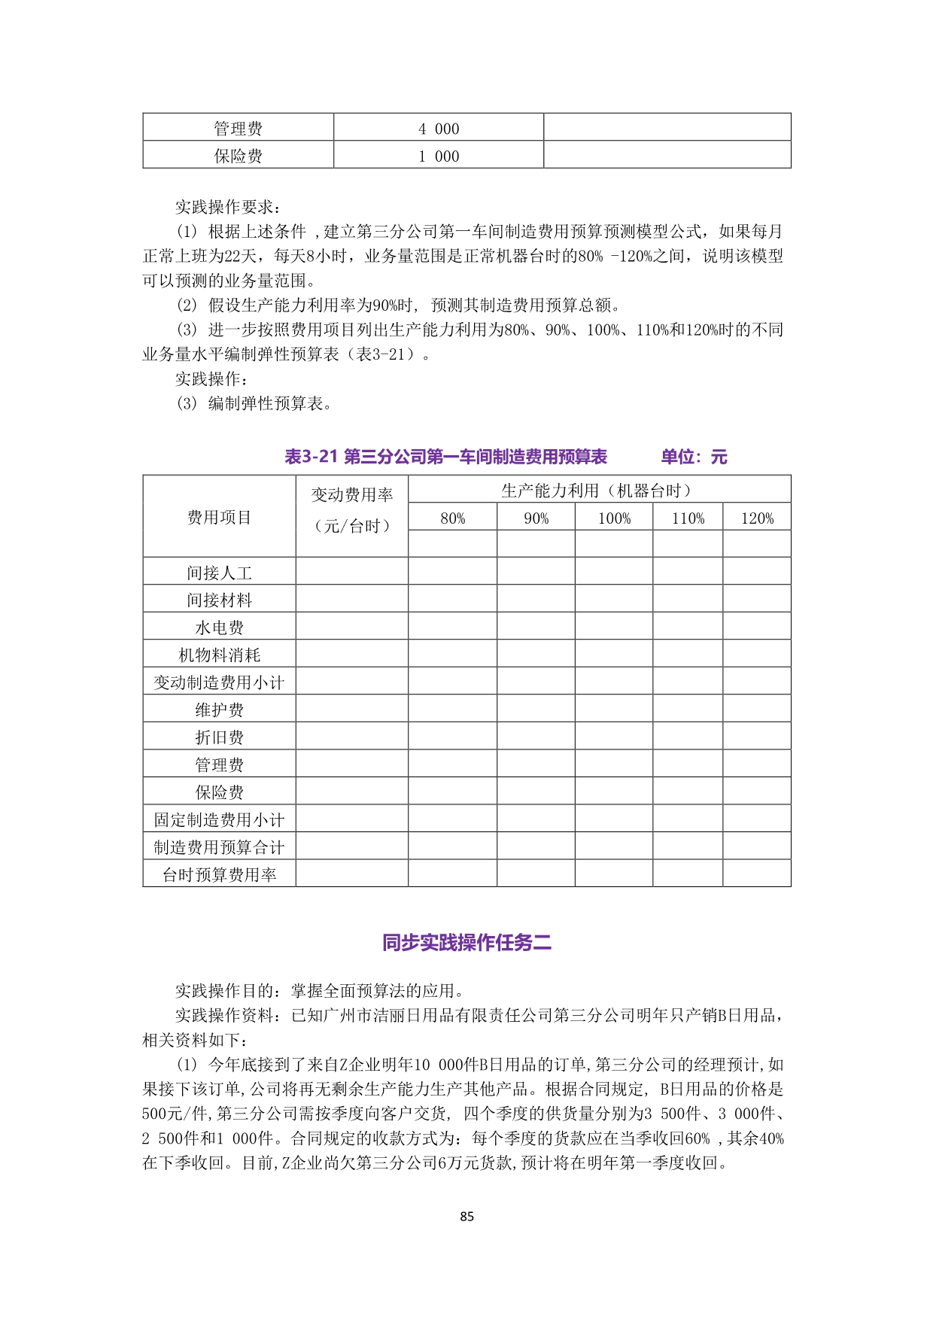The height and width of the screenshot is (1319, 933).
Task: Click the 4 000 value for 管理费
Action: pos(439,129)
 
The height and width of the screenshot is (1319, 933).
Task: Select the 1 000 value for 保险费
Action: pos(439,157)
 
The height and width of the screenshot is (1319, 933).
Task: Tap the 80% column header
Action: pos(452,518)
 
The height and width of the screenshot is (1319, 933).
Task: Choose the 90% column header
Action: pos(536,518)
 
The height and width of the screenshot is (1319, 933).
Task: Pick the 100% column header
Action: pos(614,518)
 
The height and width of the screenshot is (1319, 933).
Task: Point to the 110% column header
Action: pos(688,518)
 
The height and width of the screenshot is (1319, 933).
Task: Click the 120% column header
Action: pos(757,518)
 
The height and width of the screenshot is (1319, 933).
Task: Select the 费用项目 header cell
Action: pos(219,518)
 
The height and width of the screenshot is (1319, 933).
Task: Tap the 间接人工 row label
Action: pos(219,573)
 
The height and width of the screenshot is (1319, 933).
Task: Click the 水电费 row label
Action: pos(219,628)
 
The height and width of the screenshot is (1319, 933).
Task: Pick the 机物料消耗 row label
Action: pos(219,655)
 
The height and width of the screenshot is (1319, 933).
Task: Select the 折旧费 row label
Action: pos(219,737)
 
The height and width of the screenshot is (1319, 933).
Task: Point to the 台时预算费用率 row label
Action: pos(219,874)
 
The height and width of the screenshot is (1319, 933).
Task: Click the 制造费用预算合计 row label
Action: pos(219,847)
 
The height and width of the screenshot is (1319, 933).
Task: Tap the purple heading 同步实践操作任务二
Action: pos(466,943)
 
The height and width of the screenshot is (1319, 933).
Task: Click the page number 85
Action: pos(466,1217)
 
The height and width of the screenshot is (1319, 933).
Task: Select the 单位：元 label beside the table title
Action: pos(694,457)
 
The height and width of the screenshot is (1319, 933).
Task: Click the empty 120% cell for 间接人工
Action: pos(757,571)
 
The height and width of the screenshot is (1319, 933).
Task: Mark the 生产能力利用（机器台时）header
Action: pos(599,491)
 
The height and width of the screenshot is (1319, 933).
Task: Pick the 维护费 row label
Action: pos(219,710)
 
